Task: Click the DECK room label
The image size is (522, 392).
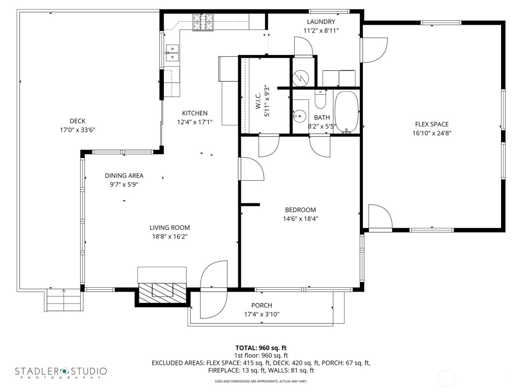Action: coord(78,121)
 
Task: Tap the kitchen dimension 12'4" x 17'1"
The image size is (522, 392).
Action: coord(195,122)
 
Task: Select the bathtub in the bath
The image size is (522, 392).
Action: coord(347,112)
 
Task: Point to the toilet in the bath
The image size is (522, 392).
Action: coord(320,99)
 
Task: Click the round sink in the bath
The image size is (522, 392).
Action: coord(299,116)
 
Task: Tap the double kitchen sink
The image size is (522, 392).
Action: coord(172,53)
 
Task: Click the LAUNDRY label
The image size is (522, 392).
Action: coord(321,22)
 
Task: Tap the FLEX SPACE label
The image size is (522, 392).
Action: coord(432,124)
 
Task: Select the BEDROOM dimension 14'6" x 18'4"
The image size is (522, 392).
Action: coord(301,219)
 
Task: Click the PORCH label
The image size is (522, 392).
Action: coord(261,305)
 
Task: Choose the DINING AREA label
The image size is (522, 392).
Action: coord(124,175)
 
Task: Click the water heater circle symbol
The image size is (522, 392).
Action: coord(301,78)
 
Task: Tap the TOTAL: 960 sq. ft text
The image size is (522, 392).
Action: coord(261,348)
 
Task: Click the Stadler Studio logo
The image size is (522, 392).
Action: coord(61,372)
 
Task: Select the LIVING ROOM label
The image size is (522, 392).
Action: coord(170,227)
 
